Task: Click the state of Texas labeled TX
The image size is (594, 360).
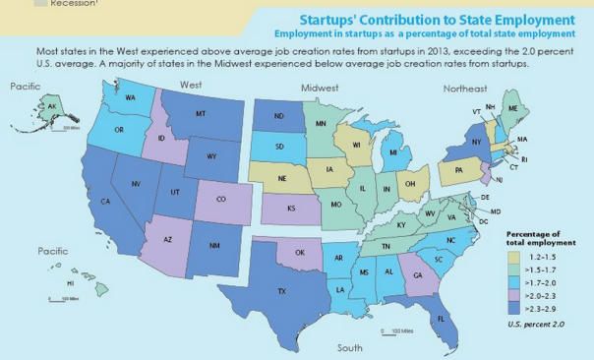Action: [x=281, y=292]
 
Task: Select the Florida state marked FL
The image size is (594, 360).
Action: [x=441, y=319]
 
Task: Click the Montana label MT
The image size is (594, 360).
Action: [x=200, y=115]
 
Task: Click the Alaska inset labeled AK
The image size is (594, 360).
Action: [x=50, y=107]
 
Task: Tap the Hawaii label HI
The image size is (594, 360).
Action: [x=71, y=284]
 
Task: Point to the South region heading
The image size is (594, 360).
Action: [x=349, y=348]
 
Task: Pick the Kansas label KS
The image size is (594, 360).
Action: [x=291, y=210]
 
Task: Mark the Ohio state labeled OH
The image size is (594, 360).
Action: [x=411, y=183]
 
